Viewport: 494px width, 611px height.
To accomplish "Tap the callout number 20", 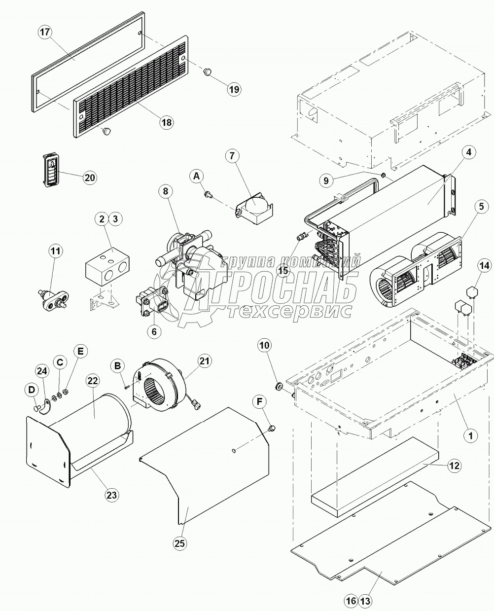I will [x=90, y=178].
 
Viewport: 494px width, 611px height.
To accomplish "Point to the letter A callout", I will [x=196, y=176].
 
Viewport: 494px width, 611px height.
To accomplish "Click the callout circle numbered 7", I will [x=233, y=156].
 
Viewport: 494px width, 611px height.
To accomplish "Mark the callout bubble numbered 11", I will [x=56, y=251].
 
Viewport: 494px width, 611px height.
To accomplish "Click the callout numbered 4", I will [x=468, y=153].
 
